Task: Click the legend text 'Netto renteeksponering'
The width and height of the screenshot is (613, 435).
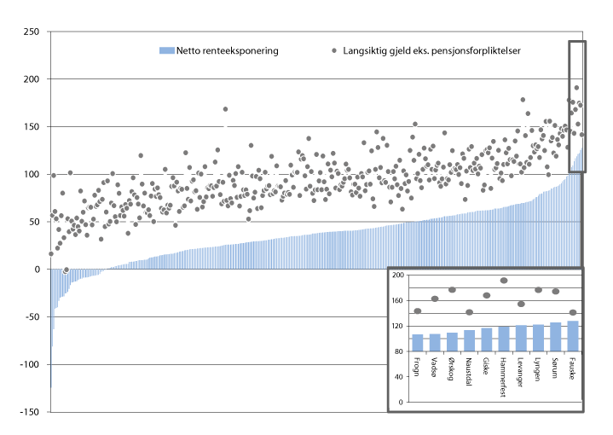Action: (227, 51)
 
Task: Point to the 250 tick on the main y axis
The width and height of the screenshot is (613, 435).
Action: (32, 32)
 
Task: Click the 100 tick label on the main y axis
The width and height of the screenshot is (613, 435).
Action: (32, 174)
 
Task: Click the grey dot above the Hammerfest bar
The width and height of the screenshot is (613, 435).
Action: (504, 281)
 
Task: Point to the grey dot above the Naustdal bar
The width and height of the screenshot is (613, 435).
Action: (469, 312)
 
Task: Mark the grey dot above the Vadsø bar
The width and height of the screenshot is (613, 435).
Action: (435, 299)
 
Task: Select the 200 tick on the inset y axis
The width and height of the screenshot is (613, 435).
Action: (397, 275)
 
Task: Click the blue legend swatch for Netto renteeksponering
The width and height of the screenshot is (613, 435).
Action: (166, 51)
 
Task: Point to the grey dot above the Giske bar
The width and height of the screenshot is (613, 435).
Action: (487, 296)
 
